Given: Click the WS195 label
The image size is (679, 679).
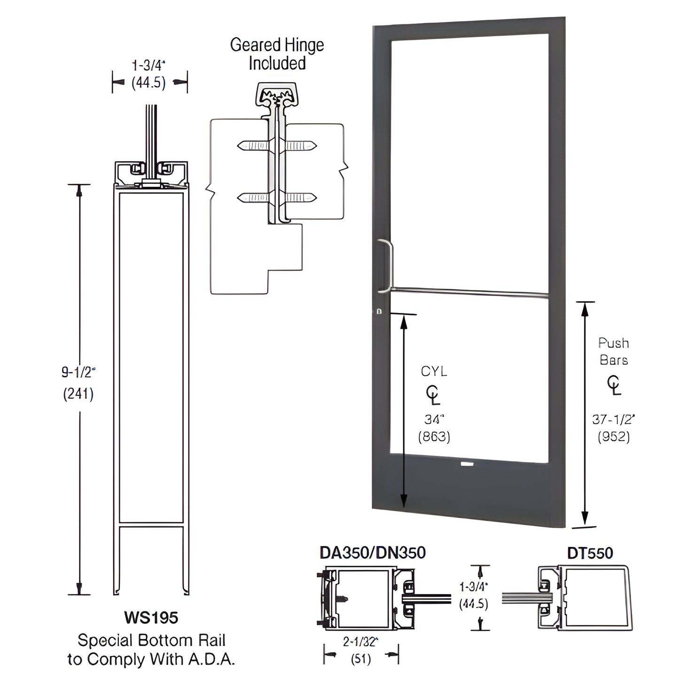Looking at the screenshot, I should click(x=151, y=617).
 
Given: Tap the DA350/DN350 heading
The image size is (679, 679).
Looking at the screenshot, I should click(x=372, y=553).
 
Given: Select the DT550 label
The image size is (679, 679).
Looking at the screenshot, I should click(x=590, y=553).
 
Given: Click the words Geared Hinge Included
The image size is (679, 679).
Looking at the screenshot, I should click(x=277, y=54).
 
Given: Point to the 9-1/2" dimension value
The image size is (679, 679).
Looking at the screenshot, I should click(x=78, y=373).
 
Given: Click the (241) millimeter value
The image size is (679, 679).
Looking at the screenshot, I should click(x=78, y=394).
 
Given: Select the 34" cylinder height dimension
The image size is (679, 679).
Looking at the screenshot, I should click(x=434, y=419).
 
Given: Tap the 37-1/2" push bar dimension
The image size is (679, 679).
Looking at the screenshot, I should click(x=613, y=419).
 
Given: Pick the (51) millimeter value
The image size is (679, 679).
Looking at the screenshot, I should click(x=361, y=659).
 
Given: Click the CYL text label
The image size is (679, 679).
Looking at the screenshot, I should click(x=434, y=371).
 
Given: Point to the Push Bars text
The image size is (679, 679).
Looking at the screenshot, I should click(x=613, y=351).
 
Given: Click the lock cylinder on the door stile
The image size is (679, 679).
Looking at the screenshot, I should click(x=379, y=311).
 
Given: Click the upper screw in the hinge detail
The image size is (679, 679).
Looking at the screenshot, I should click(x=277, y=146).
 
